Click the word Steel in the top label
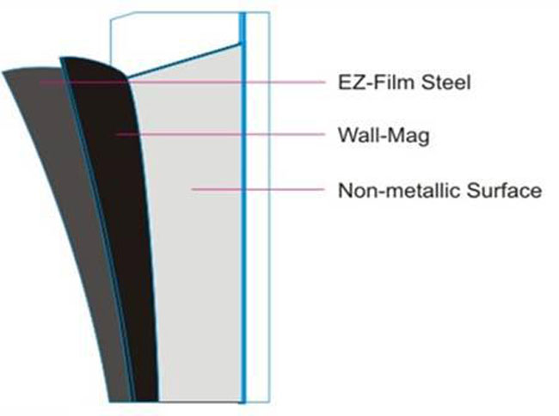pos(445,83)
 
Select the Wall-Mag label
pos(384,135)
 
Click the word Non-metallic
pos(399,191)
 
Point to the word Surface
pos(504,191)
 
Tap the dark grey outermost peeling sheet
pos(68,214)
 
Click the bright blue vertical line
pos(243,207)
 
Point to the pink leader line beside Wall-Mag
pos(221,134)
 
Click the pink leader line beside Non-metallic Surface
pos(258,189)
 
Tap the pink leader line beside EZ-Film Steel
pos(182,83)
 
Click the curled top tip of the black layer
pos(61,58)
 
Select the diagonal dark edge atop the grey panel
pos(184,60)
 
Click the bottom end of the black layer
pos(147,401)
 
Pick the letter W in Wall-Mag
pos(347,135)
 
